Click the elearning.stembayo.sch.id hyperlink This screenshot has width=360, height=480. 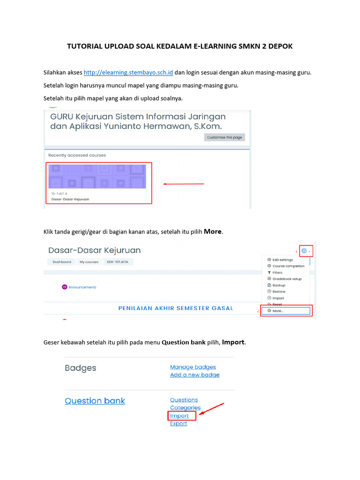(x=128, y=73)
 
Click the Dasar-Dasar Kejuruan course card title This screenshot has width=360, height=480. (x=70, y=199)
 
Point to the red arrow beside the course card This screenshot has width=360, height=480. (x=183, y=184)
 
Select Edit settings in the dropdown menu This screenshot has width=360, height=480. (x=282, y=260)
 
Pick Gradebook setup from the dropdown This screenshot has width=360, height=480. (x=286, y=279)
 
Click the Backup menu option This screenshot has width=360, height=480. (x=278, y=285)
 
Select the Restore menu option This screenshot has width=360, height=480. (x=278, y=292)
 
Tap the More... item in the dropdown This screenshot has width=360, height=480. (x=277, y=310)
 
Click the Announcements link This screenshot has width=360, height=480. (x=82, y=287)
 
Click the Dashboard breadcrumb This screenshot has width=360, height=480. (x=61, y=262)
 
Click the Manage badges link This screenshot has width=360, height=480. (x=193, y=367)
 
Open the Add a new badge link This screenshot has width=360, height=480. (x=195, y=375)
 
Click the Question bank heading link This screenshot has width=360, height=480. (x=95, y=401)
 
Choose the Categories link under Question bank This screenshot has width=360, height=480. (x=185, y=408)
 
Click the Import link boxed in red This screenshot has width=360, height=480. (x=179, y=416)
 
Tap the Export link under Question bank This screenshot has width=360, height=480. (x=178, y=423)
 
